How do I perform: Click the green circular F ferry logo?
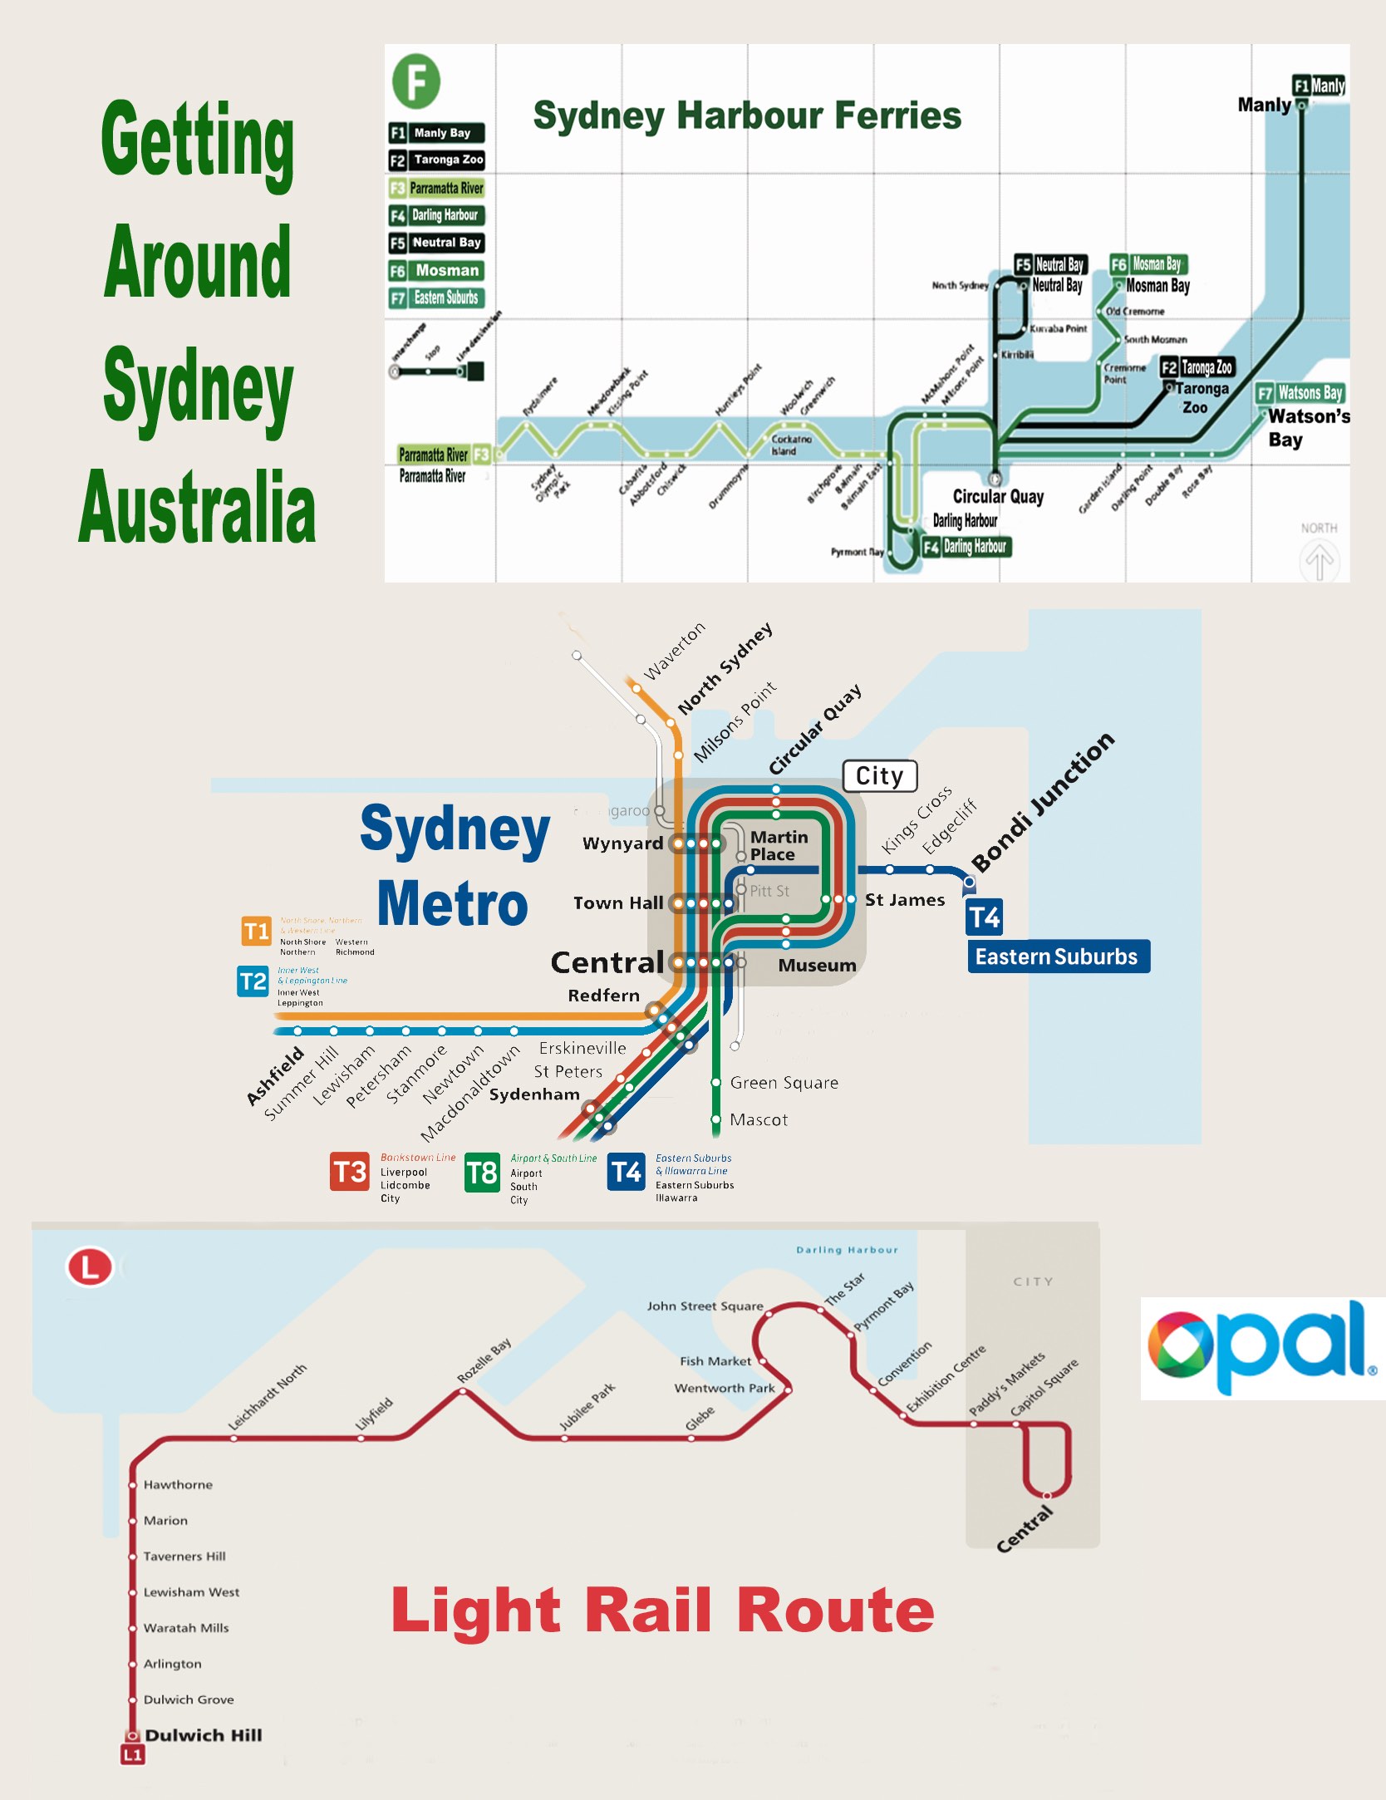416,81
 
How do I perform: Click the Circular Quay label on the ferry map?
998,497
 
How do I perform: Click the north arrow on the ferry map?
1319,560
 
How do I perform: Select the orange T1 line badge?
256,931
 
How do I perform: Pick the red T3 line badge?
349,1172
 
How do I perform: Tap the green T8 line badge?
482,1173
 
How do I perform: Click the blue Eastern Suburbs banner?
1058,957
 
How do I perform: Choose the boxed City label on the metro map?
880,776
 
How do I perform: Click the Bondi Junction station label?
1043,802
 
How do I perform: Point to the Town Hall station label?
618,903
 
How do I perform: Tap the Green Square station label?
784,1083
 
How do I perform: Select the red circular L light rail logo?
89,1267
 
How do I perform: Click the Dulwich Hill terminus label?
203,1735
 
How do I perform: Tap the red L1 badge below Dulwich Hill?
133,1754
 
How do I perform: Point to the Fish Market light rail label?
715,1361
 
